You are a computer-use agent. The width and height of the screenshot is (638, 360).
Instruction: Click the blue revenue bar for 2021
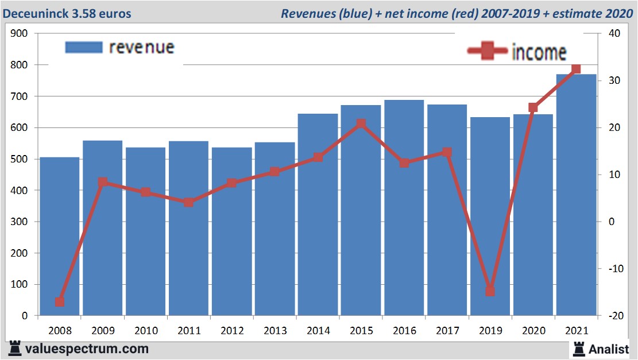click(x=576, y=195)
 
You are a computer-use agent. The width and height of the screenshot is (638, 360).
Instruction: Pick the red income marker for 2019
click(x=490, y=291)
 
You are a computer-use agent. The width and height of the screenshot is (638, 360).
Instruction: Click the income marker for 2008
click(x=60, y=302)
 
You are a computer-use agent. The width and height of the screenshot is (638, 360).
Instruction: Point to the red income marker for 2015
click(x=361, y=123)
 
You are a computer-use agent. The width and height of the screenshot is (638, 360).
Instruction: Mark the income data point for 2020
click(x=533, y=107)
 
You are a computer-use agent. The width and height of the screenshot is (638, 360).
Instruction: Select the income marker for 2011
click(x=188, y=202)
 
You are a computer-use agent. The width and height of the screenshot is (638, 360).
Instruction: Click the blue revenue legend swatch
click(x=83, y=47)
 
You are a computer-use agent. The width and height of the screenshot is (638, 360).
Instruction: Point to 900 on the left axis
click(x=20, y=33)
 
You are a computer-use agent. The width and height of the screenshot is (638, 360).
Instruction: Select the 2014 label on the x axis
click(x=318, y=331)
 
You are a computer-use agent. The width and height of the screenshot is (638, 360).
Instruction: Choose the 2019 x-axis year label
click(x=490, y=331)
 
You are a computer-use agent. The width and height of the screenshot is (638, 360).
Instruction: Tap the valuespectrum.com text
click(x=87, y=349)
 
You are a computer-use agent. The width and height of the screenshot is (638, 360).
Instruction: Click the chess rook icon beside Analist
click(x=578, y=349)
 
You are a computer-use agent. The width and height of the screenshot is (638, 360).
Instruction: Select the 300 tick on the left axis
click(x=20, y=222)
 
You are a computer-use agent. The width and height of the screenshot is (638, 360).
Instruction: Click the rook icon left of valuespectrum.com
click(x=15, y=349)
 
